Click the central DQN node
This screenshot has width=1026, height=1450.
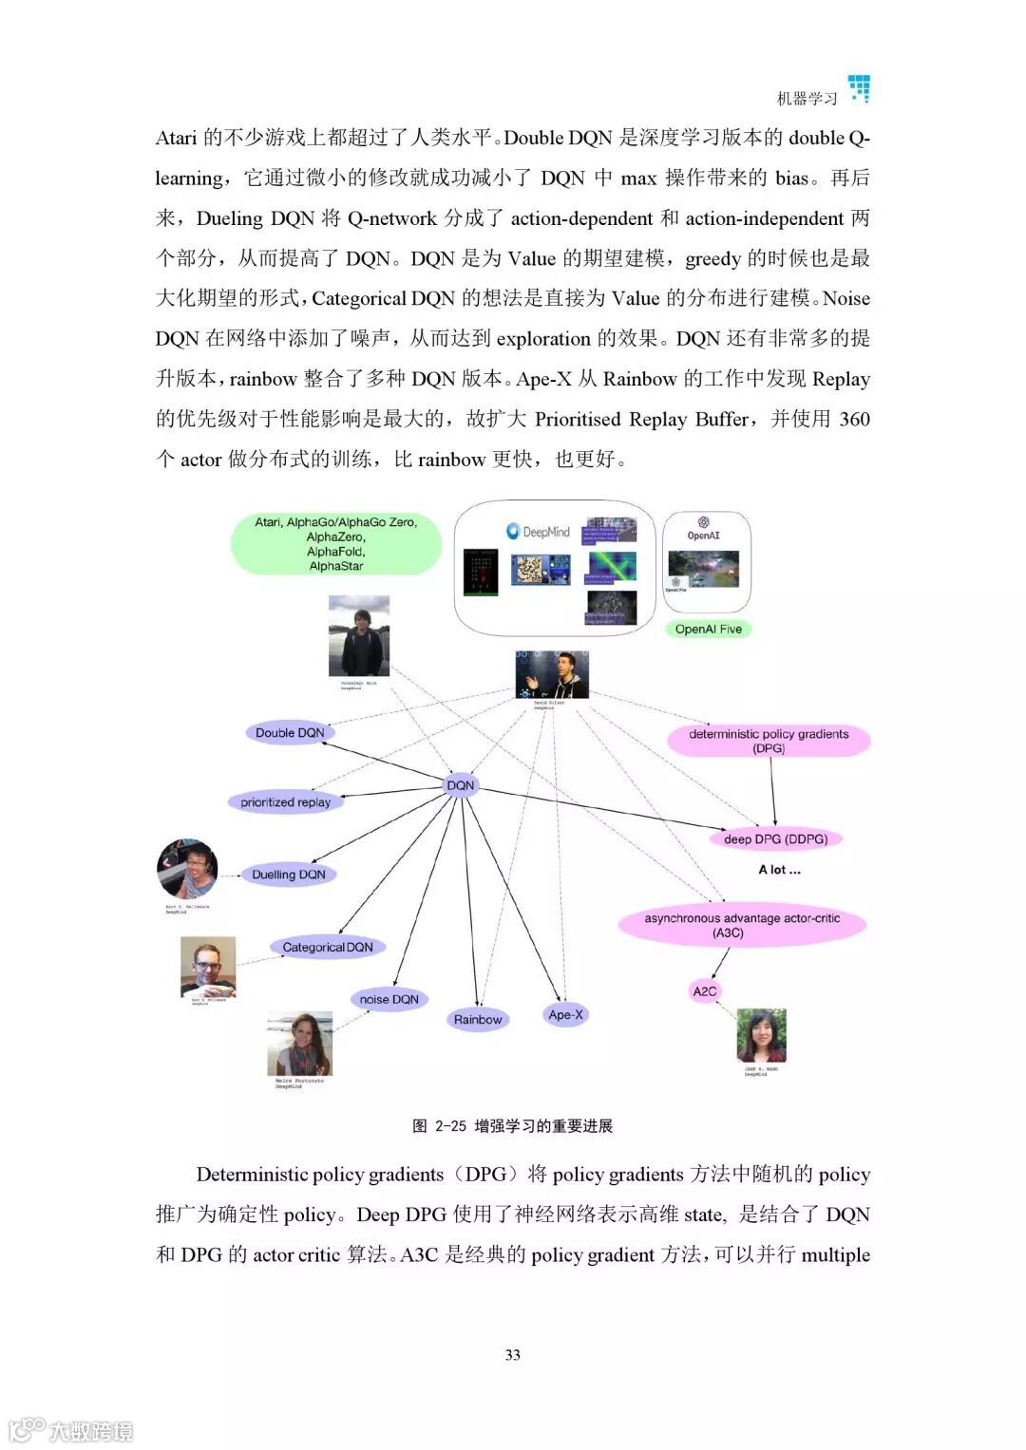(460, 785)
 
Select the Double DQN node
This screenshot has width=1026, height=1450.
(290, 732)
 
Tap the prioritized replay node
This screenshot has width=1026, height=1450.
(285, 802)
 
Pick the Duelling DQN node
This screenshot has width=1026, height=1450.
(288, 875)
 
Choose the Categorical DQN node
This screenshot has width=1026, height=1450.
(327, 947)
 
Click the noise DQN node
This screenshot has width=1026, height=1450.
(389, 999)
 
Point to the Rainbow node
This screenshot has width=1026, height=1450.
(477, 1020)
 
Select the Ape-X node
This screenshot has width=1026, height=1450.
(565, 1015)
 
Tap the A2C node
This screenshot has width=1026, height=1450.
(704, 991)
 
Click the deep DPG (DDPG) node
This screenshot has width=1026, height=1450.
(775, 839)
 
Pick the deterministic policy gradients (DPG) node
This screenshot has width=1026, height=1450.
(769, 741)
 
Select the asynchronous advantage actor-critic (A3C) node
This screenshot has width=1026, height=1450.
(741, 926)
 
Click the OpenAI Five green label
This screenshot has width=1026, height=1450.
(708, 629)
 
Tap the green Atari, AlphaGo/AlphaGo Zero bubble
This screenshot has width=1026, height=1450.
(335, 544)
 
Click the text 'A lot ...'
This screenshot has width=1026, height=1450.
(779, 870)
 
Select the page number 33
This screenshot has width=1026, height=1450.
(512, 1355)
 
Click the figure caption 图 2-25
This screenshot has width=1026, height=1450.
(512, 1126)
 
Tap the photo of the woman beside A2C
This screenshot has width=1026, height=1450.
(761, 1035)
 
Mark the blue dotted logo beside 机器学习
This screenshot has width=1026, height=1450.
(860, 88)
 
